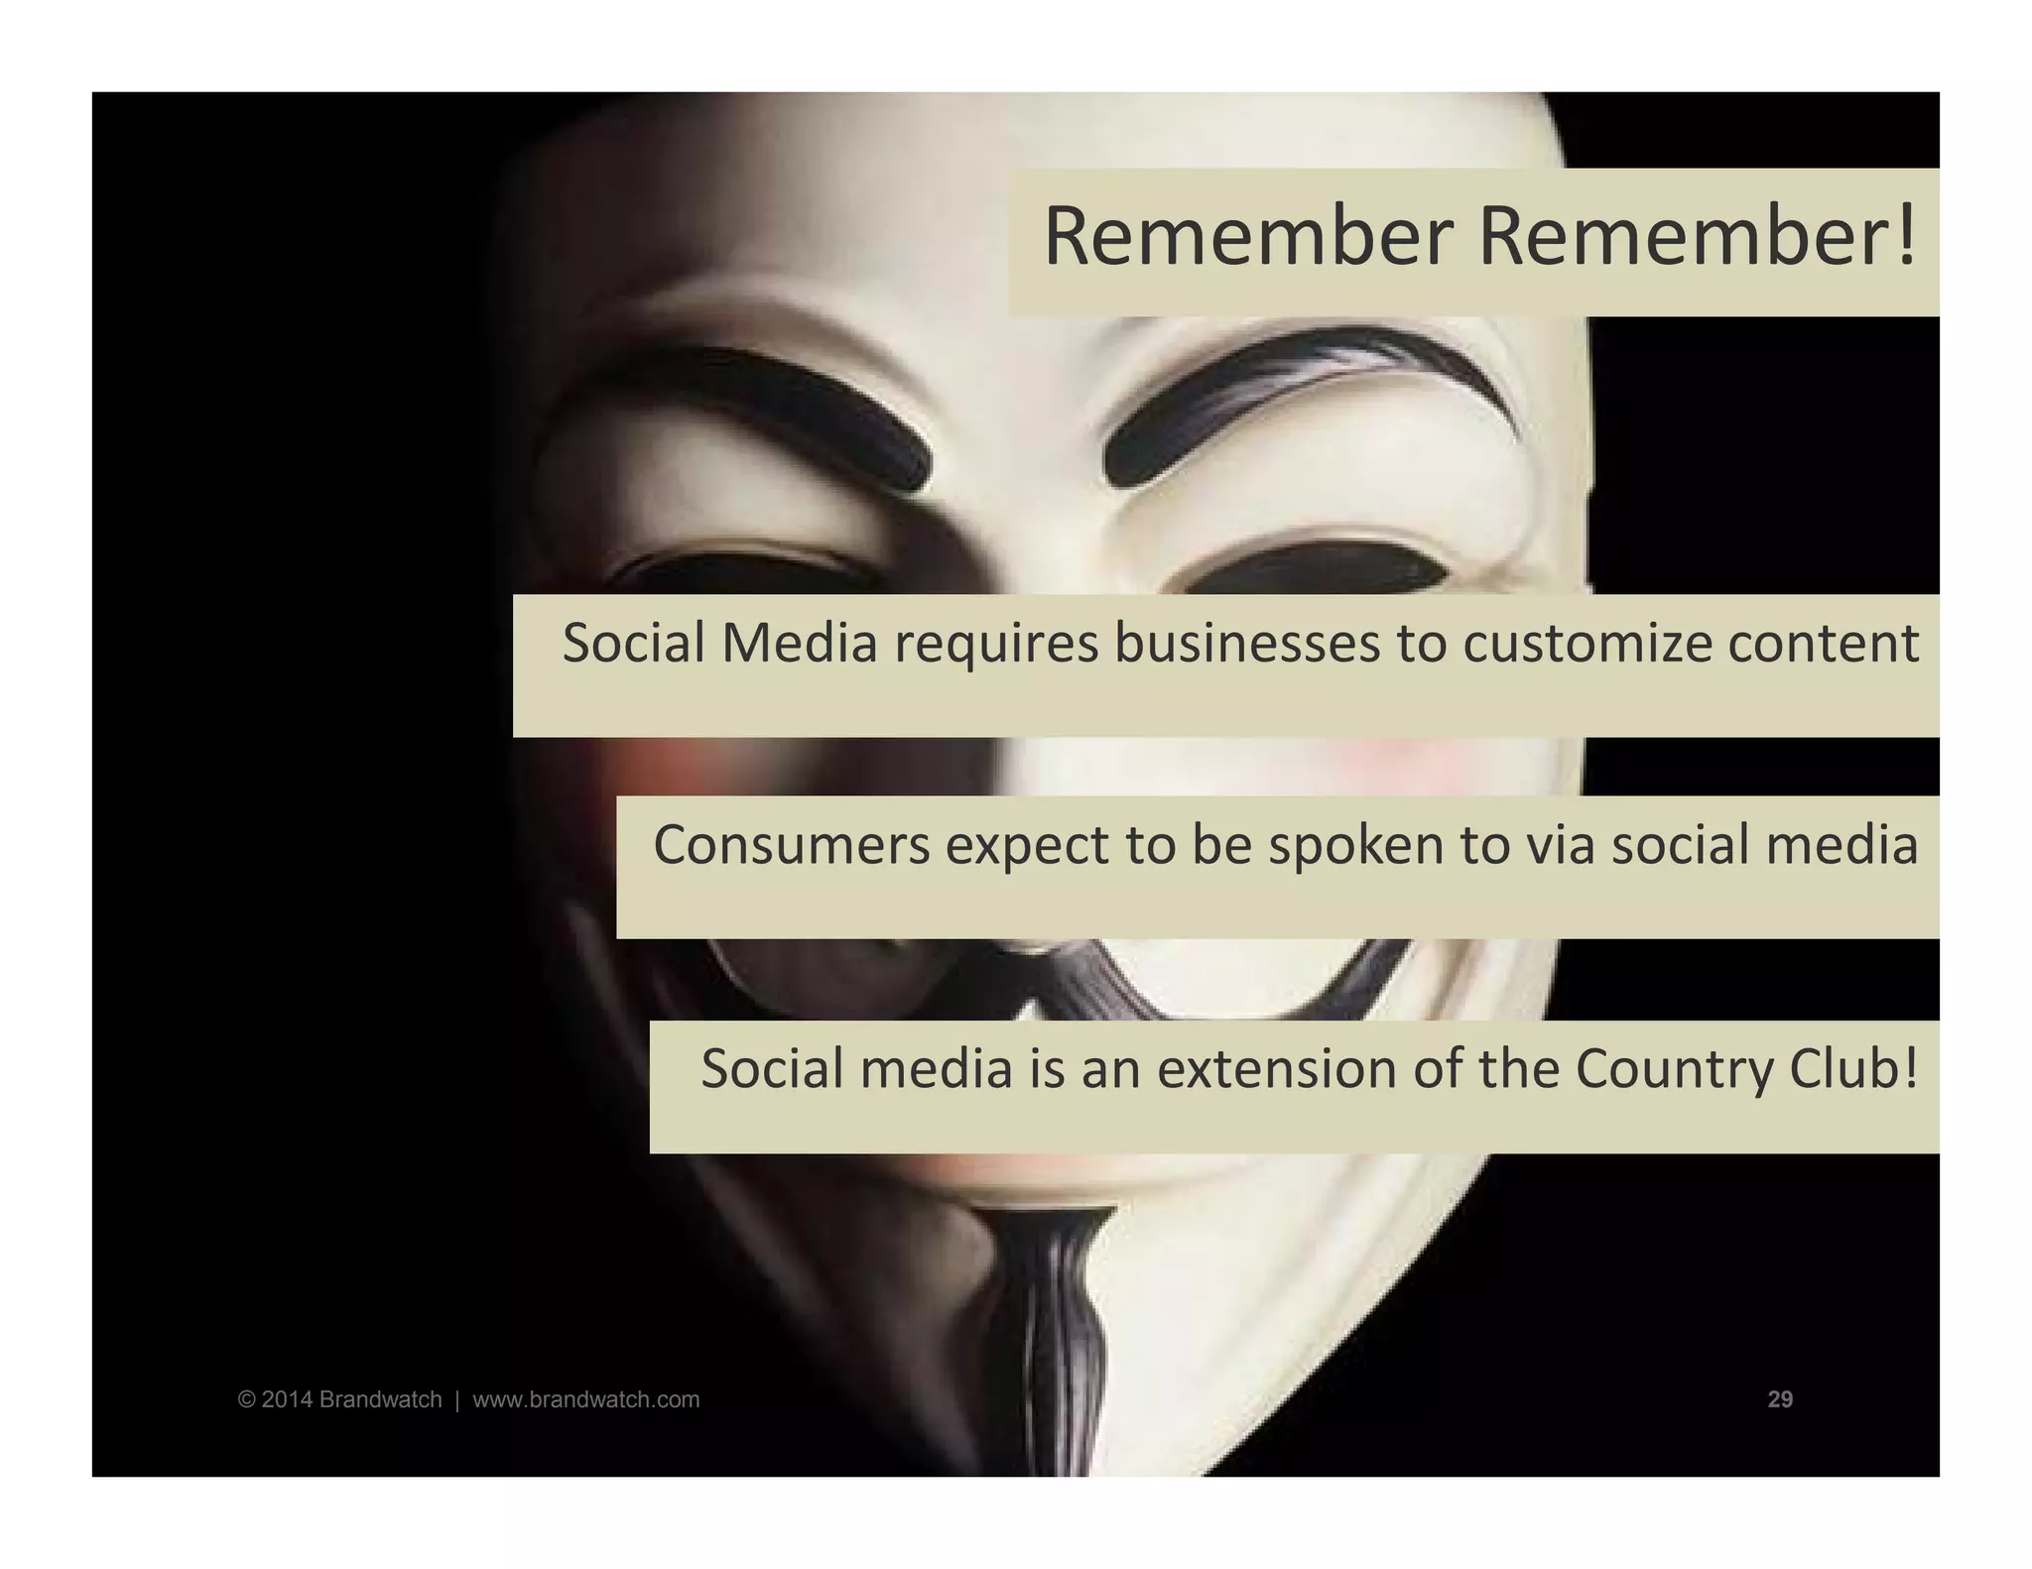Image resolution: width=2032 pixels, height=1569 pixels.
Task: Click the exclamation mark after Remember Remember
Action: (x=1904, y=237)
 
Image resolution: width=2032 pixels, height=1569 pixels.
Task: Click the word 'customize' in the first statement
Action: (x=1587, y=645)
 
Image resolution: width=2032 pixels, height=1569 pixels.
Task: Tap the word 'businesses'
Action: (x=1246, y=643)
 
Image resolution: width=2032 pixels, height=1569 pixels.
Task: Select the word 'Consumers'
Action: (x=792, y=846)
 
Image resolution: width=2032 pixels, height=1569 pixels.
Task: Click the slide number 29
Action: (x=1780, y=1399)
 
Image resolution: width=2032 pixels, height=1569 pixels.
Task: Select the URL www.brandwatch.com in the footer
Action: (x=585, y=1399)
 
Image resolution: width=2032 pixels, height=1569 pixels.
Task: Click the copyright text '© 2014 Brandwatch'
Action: (x=339, y=1399)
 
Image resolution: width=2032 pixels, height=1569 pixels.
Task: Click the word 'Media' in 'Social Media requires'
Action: (x=800, y=643)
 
